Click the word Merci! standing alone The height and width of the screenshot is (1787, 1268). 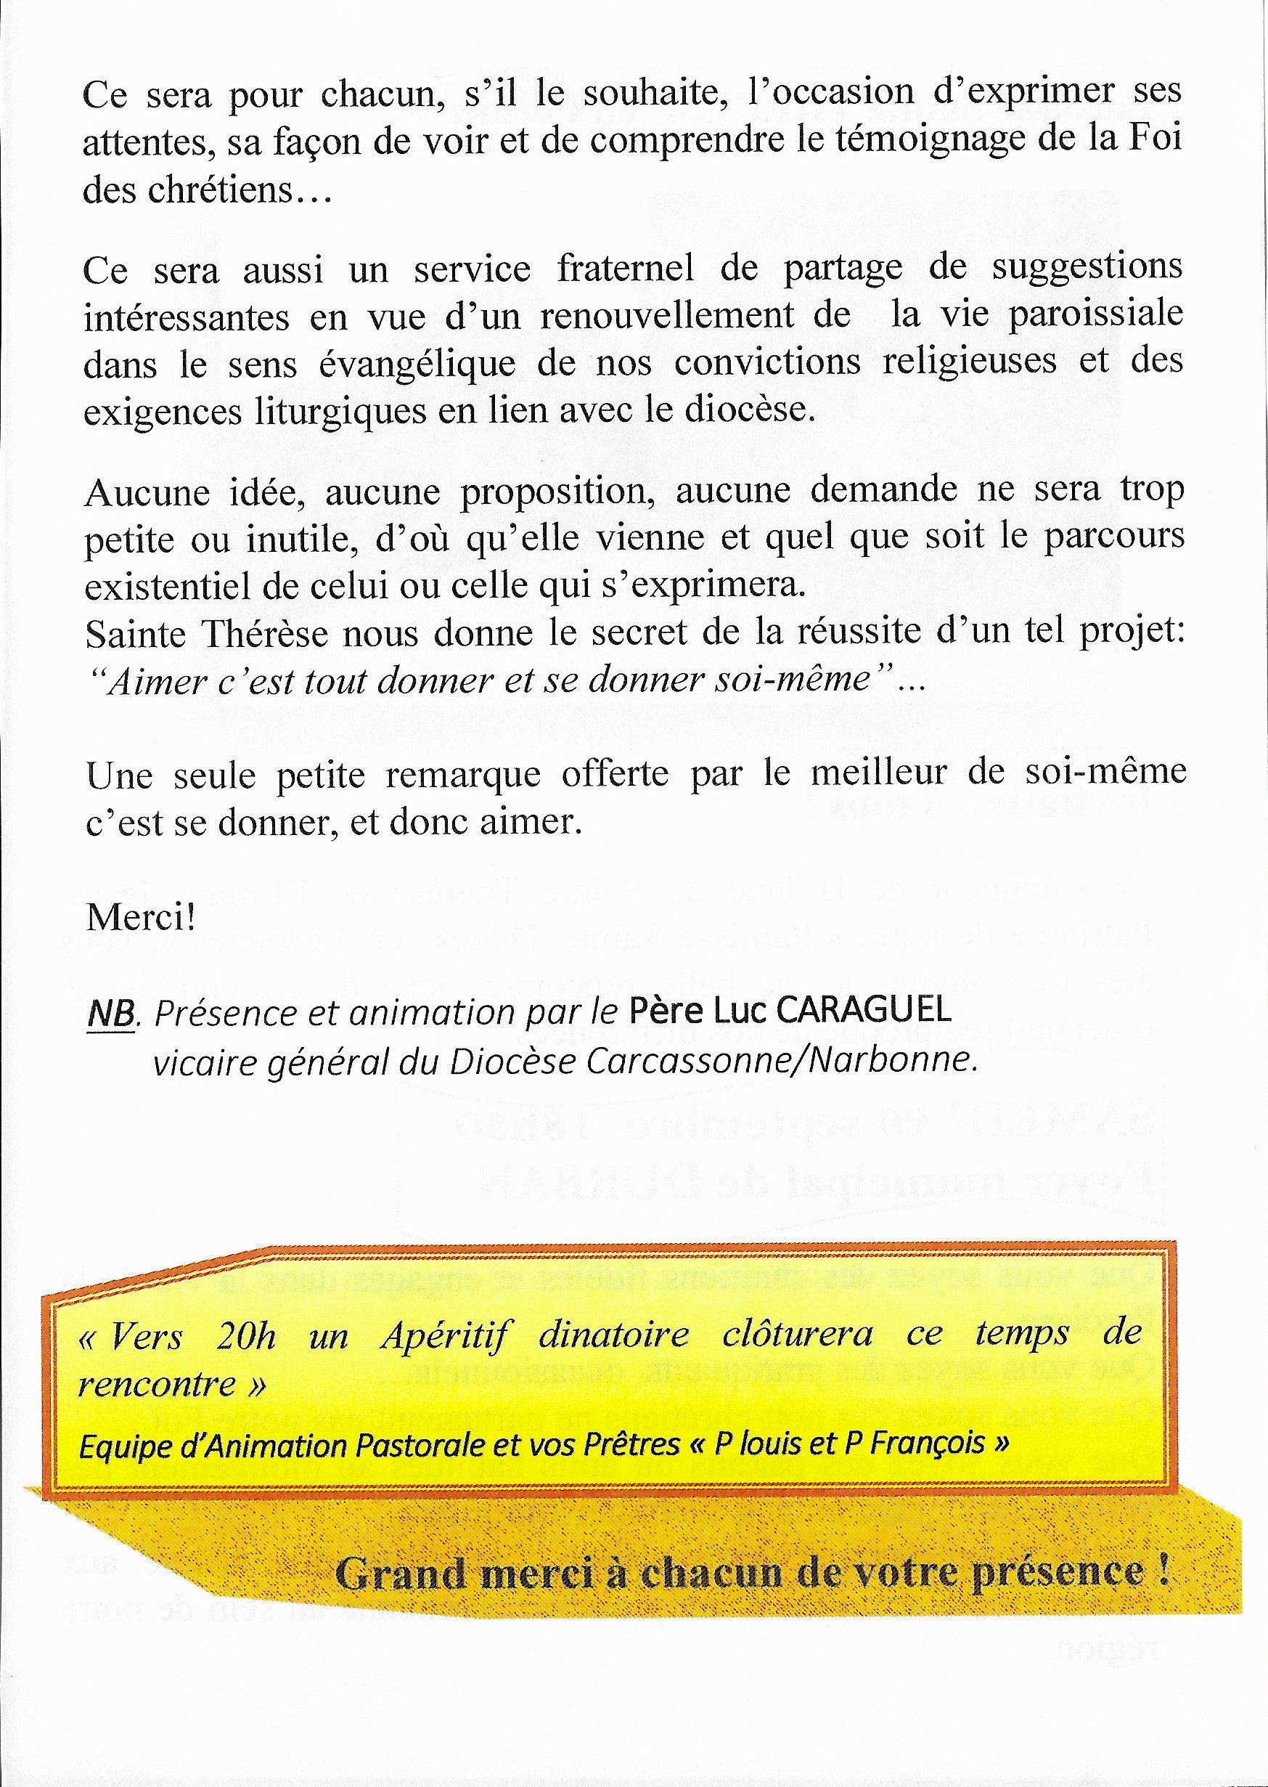[x=140, y=918]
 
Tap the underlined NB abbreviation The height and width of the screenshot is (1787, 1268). [x=107, y=1013]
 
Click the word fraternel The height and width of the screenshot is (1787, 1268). [x=625, y=269]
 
